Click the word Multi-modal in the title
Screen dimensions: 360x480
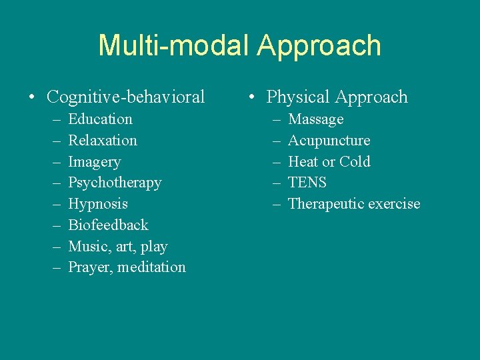tap(173, 46)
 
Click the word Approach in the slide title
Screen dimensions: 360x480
tap(319, 46)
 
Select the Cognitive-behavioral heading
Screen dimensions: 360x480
tap(125, 97)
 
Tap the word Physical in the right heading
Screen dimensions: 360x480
tap(299, 97)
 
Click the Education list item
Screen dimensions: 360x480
tap(100, 119)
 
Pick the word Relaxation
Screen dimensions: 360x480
tap(103, 141)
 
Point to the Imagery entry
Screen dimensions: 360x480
tap(95, 162)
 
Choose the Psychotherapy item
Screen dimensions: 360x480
tap(115, 183)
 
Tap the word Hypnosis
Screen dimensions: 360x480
tap(98, 204)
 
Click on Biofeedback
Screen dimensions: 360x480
tap(108, 225)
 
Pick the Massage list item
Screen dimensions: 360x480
tap(315, 119)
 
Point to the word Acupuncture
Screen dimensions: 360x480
tap(329, 141)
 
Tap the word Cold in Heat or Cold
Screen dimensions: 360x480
tap(355, 162)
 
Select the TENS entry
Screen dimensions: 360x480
tap(307, 183)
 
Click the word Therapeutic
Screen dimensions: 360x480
tap(323, 204)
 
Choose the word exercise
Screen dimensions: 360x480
tap(392, 204)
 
